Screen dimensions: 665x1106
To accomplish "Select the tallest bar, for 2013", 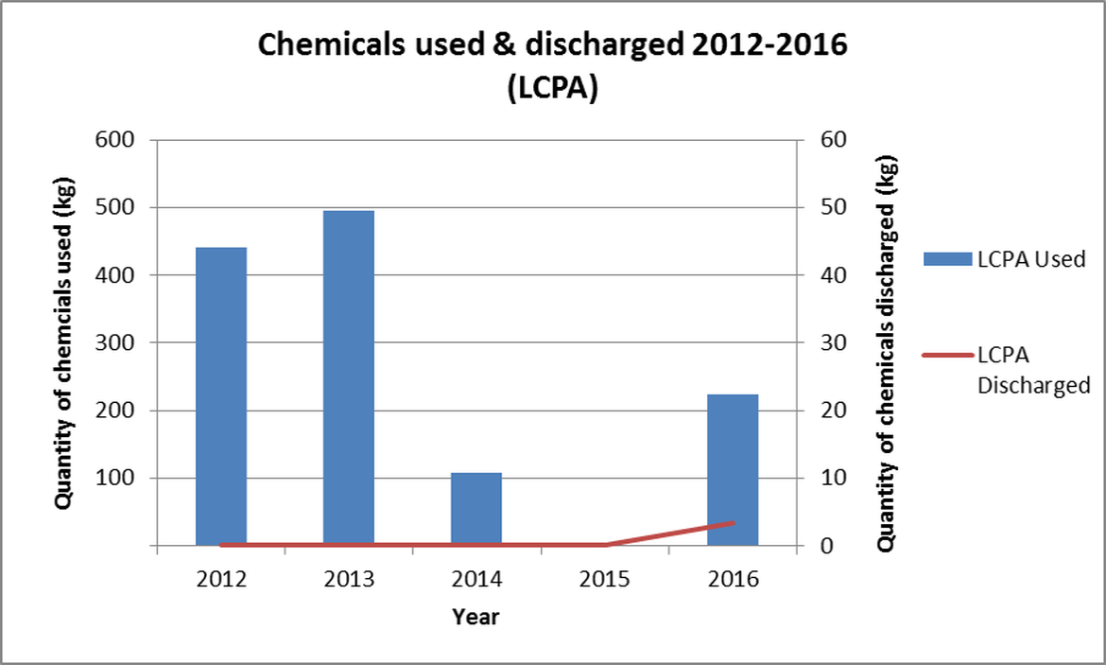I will coord(349,377).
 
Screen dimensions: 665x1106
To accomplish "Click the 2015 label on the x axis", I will coord(604,579).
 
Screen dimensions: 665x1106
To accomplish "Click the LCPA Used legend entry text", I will coord(1031,259).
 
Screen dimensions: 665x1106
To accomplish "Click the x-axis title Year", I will coord(475,618).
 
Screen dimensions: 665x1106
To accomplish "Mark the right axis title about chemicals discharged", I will coord(886,342).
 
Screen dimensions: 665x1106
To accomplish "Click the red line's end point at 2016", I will coord(733,522).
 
